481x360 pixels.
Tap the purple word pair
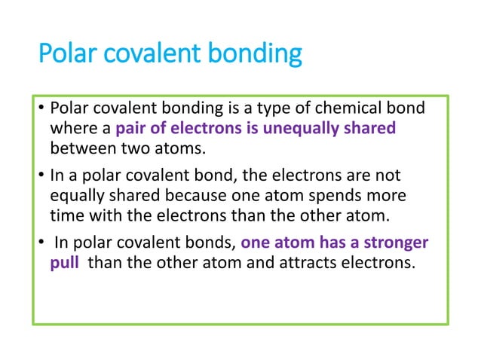(x=132, y=129)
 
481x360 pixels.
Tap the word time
(x=66, y=215)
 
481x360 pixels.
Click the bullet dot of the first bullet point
(x=42, y=111)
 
